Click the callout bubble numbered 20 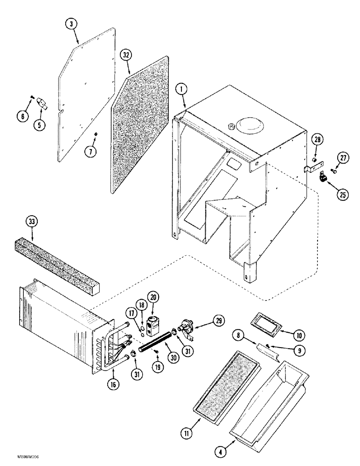pos(152,296)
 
